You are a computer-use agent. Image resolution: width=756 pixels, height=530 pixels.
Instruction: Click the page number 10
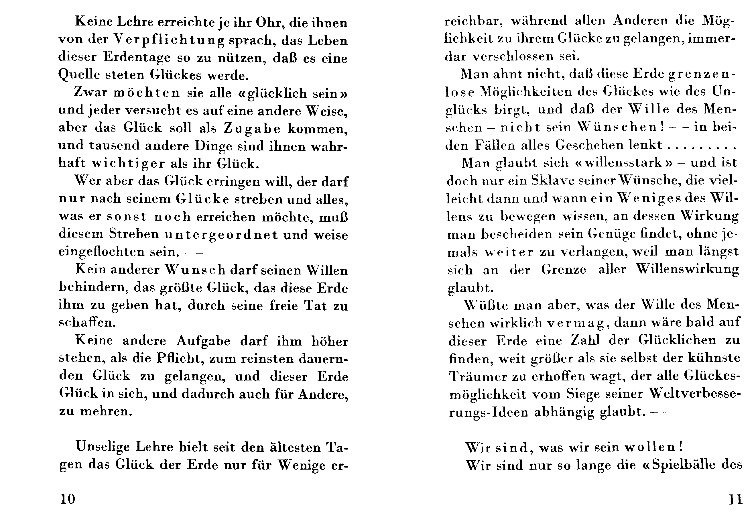(x=68, y=499)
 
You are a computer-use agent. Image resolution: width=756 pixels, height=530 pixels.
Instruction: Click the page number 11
(x=735, y=500)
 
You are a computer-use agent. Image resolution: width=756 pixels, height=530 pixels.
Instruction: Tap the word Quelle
(x=79, y=75)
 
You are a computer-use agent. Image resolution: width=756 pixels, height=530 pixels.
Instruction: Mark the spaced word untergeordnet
(x=221, y=235)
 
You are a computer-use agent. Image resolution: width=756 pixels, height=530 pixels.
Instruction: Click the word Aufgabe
(x=203, y=341)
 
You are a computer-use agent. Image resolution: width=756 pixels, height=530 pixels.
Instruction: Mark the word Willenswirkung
(x=687, y=270)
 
